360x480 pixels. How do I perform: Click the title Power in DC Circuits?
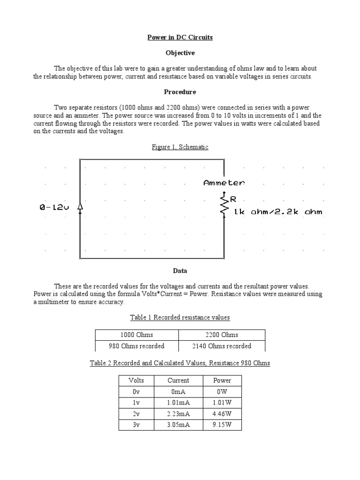[x=180, y=37]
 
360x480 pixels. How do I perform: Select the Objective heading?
[x=180, y=53]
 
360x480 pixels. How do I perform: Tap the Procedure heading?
[x=180, y=92]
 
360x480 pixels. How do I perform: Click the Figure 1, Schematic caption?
[x=180, y=147]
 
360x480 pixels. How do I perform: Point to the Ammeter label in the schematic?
[x=224, y=183]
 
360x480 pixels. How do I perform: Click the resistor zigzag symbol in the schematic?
[x=225, y=205]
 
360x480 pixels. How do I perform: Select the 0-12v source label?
[x=54, y=207]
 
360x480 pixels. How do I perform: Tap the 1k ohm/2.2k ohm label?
[x=278, y=212]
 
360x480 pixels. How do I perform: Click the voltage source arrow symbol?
[x=80, y=207]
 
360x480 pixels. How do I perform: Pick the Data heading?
[x=180, y=271]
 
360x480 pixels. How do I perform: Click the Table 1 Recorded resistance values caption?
[x=180, y=317]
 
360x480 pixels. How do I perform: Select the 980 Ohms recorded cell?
[x=136, y=346]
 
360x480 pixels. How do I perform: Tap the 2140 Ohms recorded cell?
[x=222, y=346]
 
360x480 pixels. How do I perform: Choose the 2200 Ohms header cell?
[x=222, y=335]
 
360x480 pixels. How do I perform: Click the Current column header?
[x=178, y=381]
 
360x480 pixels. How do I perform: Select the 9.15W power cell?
[x=222, y=426]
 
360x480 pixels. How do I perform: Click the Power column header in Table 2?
[x=222, y=381]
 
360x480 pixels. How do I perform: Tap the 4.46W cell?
[x=222, y=414]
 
